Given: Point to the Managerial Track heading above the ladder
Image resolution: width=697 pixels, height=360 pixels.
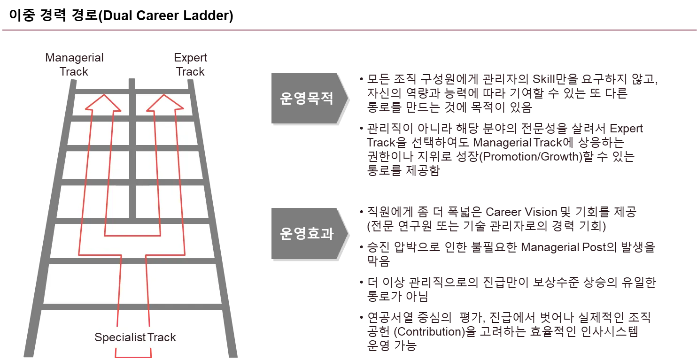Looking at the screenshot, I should coord(75,65).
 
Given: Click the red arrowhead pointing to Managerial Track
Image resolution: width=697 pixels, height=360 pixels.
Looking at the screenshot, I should coord(103,103).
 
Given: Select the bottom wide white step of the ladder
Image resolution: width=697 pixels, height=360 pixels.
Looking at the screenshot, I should coord(132,284).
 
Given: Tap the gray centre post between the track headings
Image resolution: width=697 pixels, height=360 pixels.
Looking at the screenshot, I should coord(132,82).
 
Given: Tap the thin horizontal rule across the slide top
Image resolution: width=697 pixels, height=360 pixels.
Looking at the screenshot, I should coord(348,30).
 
